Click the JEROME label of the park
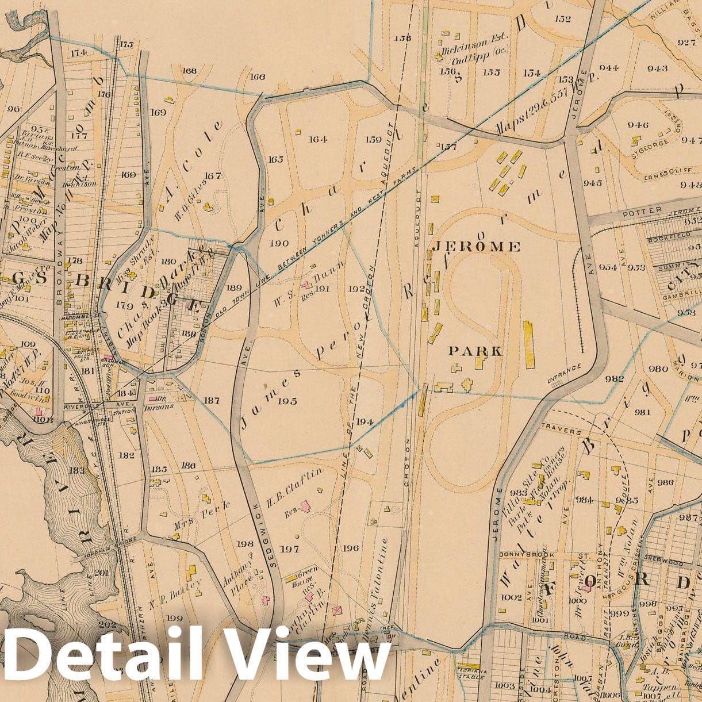(476, 247)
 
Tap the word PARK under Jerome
(475, 351)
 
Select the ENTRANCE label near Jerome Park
(564, 374)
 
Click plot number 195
(287, 401)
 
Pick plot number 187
(212, 400)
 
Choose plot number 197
(289, 549)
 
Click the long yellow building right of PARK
(528, 344)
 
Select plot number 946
(638, 125)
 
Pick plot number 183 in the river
(76, 470)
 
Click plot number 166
(258, 76)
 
